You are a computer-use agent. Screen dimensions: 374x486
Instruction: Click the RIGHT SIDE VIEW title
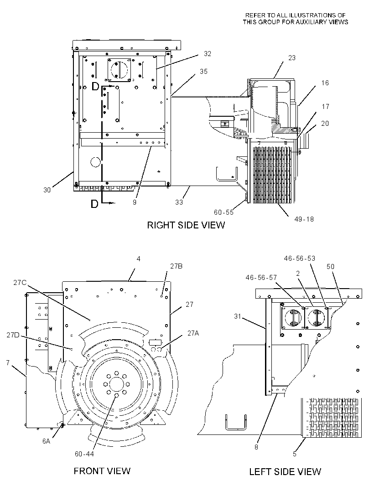coord(186,225)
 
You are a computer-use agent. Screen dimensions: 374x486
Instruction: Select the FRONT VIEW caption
coord(102,471)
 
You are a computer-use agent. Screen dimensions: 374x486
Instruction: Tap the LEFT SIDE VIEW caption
coord(285,471)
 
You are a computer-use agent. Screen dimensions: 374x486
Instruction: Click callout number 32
coord(208,54)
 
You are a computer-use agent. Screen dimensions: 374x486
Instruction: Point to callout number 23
coord(292,57)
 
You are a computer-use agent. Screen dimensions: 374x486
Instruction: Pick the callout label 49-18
coord(304,219)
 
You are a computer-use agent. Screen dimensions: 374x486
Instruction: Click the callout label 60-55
coord(223,212)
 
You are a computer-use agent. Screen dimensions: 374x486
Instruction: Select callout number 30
coord(47,190)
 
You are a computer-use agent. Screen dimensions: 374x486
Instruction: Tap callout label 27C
coord(20,282)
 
